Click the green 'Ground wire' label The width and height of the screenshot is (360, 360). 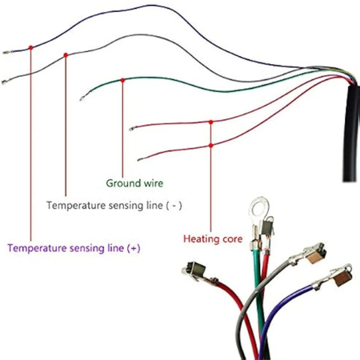coord(134,183)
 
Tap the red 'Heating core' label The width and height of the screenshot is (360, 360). coord(213,239)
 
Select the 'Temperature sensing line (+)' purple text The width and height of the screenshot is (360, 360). coord(74,248)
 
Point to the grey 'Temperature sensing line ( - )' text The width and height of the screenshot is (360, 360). coord(114,206)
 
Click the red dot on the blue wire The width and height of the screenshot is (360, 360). coord(31,48)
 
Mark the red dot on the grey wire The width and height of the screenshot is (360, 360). coord(66,55)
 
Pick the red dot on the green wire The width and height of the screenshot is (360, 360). coord(122,80)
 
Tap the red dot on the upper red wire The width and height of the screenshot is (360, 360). coord(211,122)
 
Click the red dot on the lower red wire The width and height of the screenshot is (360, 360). coord(211,146)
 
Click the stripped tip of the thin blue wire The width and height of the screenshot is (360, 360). coord(7,53)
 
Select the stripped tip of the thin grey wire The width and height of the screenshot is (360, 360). coord(6,82)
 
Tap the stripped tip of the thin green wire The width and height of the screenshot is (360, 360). coord(83,98)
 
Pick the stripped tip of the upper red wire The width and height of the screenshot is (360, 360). coord(133,129)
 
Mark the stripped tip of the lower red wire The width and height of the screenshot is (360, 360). coord(142,159)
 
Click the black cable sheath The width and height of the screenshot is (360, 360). coord(351,134)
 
